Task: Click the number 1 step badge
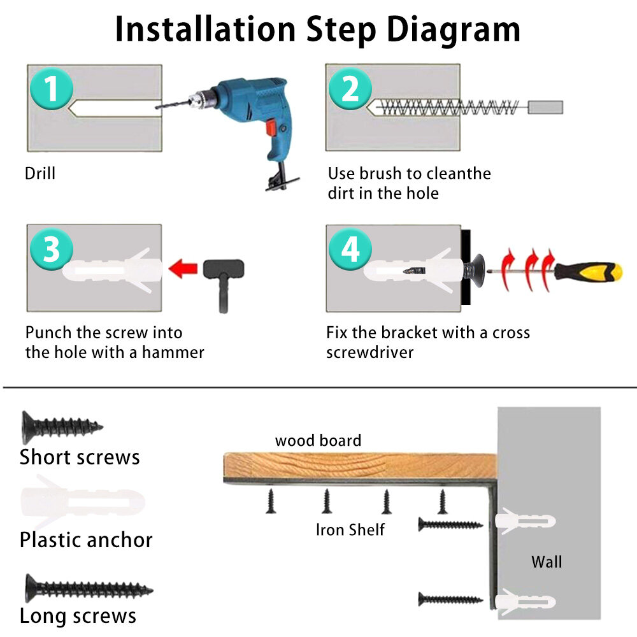pos(51,89)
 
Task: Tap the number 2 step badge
pos(350,89)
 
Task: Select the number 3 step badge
pos(51,248)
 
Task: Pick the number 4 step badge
pos(350,248)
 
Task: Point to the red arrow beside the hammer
pos(183,269)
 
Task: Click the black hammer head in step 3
pos(224,269)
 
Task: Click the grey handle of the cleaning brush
pos(545,107)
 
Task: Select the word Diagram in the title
pos(454,29)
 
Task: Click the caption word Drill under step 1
pos(39,173)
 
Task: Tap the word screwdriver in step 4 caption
pos(369,352)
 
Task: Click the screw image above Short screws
pos(62,427)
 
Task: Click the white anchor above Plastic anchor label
pos(82,503)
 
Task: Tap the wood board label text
pos(318,440)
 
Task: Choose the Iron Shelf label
pos(350,530)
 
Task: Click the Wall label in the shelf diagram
pos(547,562)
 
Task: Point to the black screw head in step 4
pos(478,271)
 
